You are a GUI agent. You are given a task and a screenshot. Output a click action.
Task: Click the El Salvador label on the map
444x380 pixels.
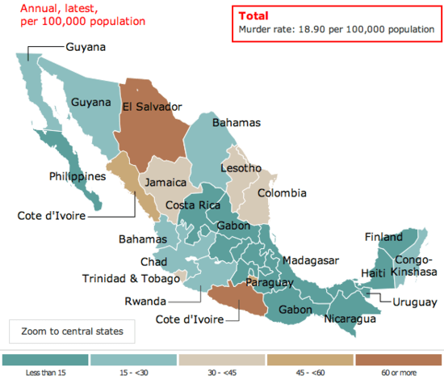(152, 107)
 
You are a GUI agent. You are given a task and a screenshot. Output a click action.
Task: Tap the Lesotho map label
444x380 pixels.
(241, 168)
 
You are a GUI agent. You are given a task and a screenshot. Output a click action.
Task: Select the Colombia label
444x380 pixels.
(282, 193)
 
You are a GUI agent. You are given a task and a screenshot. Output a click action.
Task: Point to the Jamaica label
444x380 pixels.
(165, 183)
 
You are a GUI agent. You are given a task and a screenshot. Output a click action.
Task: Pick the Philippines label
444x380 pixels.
(77, 176)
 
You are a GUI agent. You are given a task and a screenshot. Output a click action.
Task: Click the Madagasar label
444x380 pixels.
(311, 260)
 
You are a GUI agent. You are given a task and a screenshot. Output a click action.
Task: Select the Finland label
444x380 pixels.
(383, 238)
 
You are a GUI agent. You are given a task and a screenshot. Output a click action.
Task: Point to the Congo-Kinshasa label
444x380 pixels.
(415, 266)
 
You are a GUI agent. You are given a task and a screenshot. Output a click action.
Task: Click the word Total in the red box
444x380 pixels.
(255, 16)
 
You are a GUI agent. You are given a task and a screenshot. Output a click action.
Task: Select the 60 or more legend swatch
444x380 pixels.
(398, 359)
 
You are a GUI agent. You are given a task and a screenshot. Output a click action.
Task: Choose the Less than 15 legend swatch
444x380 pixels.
(45, 359)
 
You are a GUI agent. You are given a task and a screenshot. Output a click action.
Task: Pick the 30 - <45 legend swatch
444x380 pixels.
(222, 359)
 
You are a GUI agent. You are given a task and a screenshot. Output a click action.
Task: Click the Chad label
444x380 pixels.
(153, 262)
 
